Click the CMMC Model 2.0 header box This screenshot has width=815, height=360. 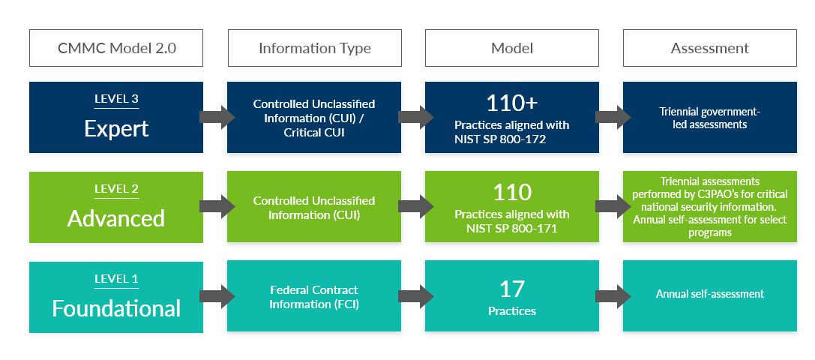point(116,48)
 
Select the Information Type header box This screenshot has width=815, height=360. point(314,48)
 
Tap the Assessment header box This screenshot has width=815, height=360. point(709,48)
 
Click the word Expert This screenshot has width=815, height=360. point(116,128)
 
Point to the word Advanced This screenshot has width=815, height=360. point(116,218)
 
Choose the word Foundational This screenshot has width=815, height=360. point(116,308)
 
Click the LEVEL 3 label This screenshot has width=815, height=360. point(116,99)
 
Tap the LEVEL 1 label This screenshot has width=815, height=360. point(116,279)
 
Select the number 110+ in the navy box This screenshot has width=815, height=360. point(512,103)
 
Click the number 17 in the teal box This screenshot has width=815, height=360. point(512,289)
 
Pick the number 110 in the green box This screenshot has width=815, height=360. point(512,193)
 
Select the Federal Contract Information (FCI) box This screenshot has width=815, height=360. point(314,296)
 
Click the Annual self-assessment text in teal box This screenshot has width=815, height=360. point(709,294)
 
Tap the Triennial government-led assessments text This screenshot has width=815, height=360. point(709,118)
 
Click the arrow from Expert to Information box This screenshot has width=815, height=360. point(217,117)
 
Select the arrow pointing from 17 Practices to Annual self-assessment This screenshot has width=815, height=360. point(613,296)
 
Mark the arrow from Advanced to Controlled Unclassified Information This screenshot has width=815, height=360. point(217,206)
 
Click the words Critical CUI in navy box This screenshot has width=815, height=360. point(314,133)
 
